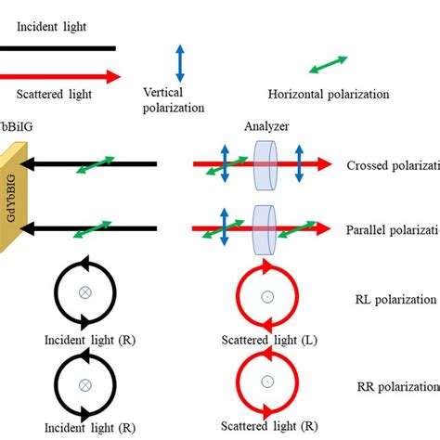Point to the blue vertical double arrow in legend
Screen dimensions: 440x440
[181, 62]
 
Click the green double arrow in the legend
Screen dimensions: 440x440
[328, 65]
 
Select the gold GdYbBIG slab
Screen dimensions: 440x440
[14, 197]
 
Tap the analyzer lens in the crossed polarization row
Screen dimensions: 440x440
[265, 164]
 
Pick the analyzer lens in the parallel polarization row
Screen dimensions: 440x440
[265, 227]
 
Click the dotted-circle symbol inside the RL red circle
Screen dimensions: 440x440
[266, 297]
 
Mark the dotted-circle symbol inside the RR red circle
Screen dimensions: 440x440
[266, 381]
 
